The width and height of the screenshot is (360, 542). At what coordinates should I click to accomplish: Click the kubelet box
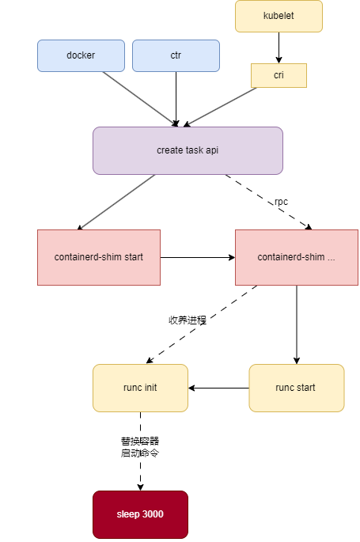(x=279, y=16)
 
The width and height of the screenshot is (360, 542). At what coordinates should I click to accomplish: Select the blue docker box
(x=81, y=55)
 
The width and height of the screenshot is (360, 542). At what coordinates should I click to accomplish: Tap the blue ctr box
(x=176, y=55)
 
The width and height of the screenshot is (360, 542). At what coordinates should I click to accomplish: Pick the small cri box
(x=279, y=75)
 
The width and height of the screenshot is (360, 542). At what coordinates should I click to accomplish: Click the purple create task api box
(x=188, y=150)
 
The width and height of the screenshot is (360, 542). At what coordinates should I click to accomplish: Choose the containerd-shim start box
(x=99, y=257)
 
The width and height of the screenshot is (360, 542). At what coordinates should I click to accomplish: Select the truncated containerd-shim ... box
(x=297, y=257)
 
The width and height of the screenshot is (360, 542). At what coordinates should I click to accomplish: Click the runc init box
(x=140, y=388)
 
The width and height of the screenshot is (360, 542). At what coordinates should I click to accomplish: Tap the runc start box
(x=297, y=388)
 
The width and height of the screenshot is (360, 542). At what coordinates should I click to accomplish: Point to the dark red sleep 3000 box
(x=140, y=514)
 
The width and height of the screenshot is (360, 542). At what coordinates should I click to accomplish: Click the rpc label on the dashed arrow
(x=281, y=202)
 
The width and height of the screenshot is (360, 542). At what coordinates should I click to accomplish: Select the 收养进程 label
(x=188, y=320)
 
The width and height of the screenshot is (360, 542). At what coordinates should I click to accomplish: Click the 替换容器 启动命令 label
(x=140, y=447)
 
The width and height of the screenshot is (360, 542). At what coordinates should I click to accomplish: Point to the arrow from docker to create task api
(x=138, y=98)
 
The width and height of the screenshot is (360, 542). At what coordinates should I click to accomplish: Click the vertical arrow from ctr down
(x=176, y=99)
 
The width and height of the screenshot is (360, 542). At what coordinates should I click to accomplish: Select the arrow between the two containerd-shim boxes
(x=198, y=257)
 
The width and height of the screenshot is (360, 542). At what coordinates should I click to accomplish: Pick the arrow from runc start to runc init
(x=218, y=388)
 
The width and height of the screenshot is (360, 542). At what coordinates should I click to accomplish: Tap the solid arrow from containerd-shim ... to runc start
(x=297, y=324)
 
